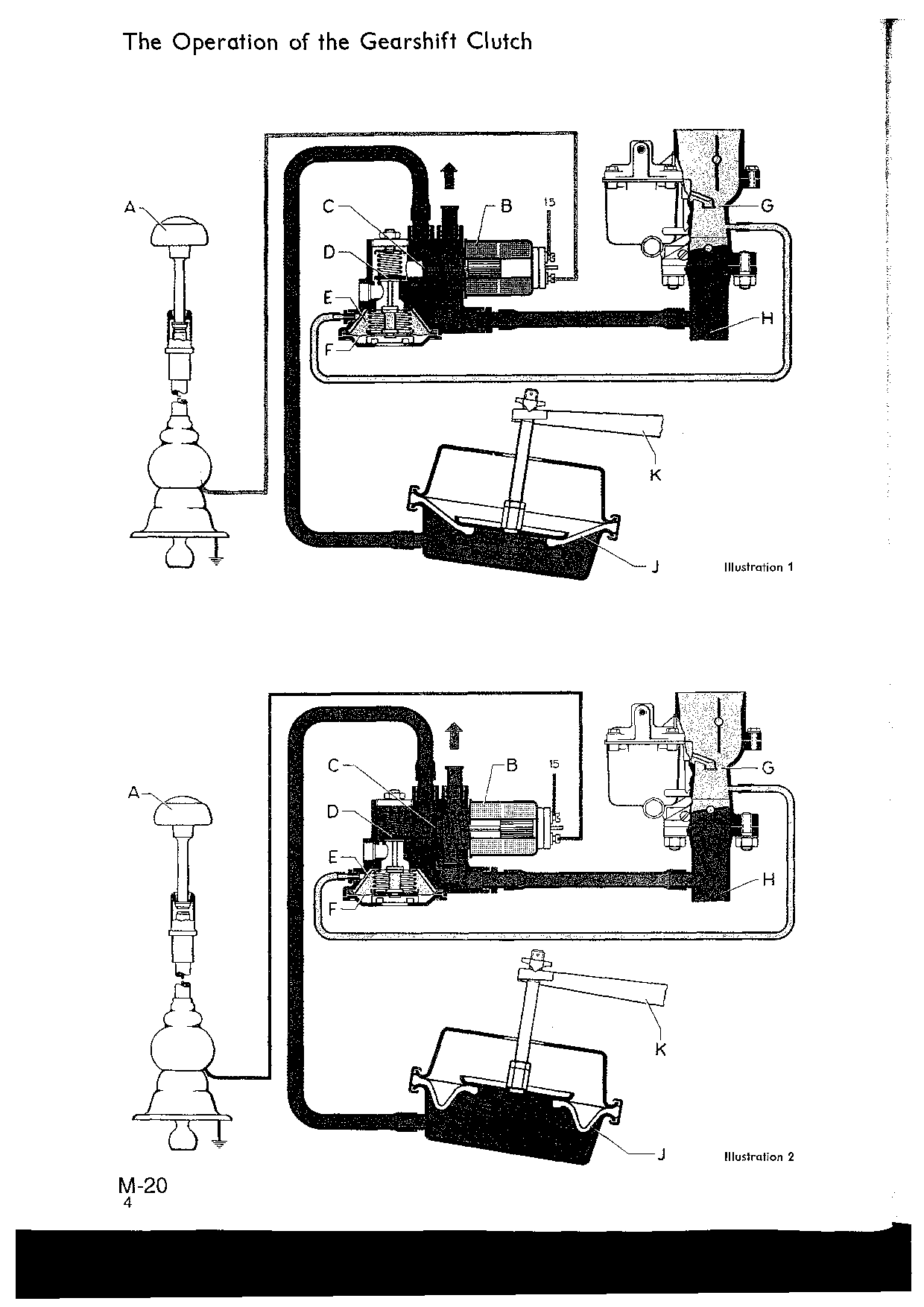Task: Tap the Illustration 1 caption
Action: pyautogui.click(x=759, y=567)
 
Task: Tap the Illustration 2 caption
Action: pyautogui.click(x=759, y=1156)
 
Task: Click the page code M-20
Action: pyautogui.click(x=142, y=1186)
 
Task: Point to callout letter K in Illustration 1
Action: pyautogui.click(x=655, y=475)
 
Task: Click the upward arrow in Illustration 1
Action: pyautogui.click(x=449, y=175)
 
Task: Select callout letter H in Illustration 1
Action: pyautogui.click(x=767, y=319)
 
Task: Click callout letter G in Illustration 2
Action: pyautogui.click(x=768, y=768)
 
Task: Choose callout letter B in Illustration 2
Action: pyautogui.click(x=512, y=765)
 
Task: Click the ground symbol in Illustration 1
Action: pyautogui.click(x=217, y=560)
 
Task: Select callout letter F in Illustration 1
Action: pyautogui.click(x=329, y=346)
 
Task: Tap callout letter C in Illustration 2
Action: pyautogui.click(x=334, y=765)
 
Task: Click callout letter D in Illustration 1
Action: pyautogui.click(x=329, y=252)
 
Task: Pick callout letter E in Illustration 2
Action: pyautogui.click(x=334, y=857)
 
